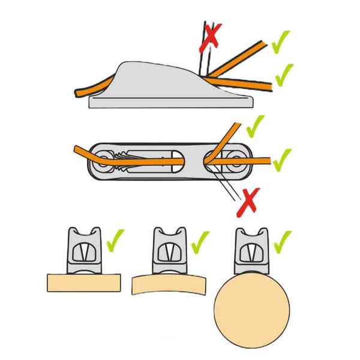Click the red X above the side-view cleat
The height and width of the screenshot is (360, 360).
(x=212, y=34)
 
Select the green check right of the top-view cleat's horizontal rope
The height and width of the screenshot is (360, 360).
(x=282, y=159)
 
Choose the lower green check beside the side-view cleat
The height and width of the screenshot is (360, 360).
(x=284, y=74)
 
